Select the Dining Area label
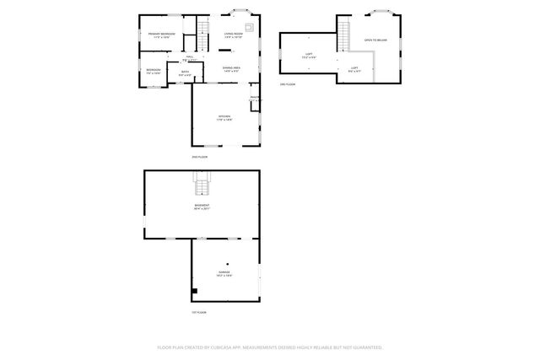pos(232,69)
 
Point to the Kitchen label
pos(225,118)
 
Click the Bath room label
pos(185,74)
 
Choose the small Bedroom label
pos(153,71)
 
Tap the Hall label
pos(191,58)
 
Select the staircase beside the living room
pos(203,35)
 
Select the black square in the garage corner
pos(195,291)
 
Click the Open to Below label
pos(375,40)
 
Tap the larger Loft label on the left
pos(309,56)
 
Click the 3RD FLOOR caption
pos(288,85)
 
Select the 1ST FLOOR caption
pos(199,312)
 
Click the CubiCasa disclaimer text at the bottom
pos(270,347)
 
